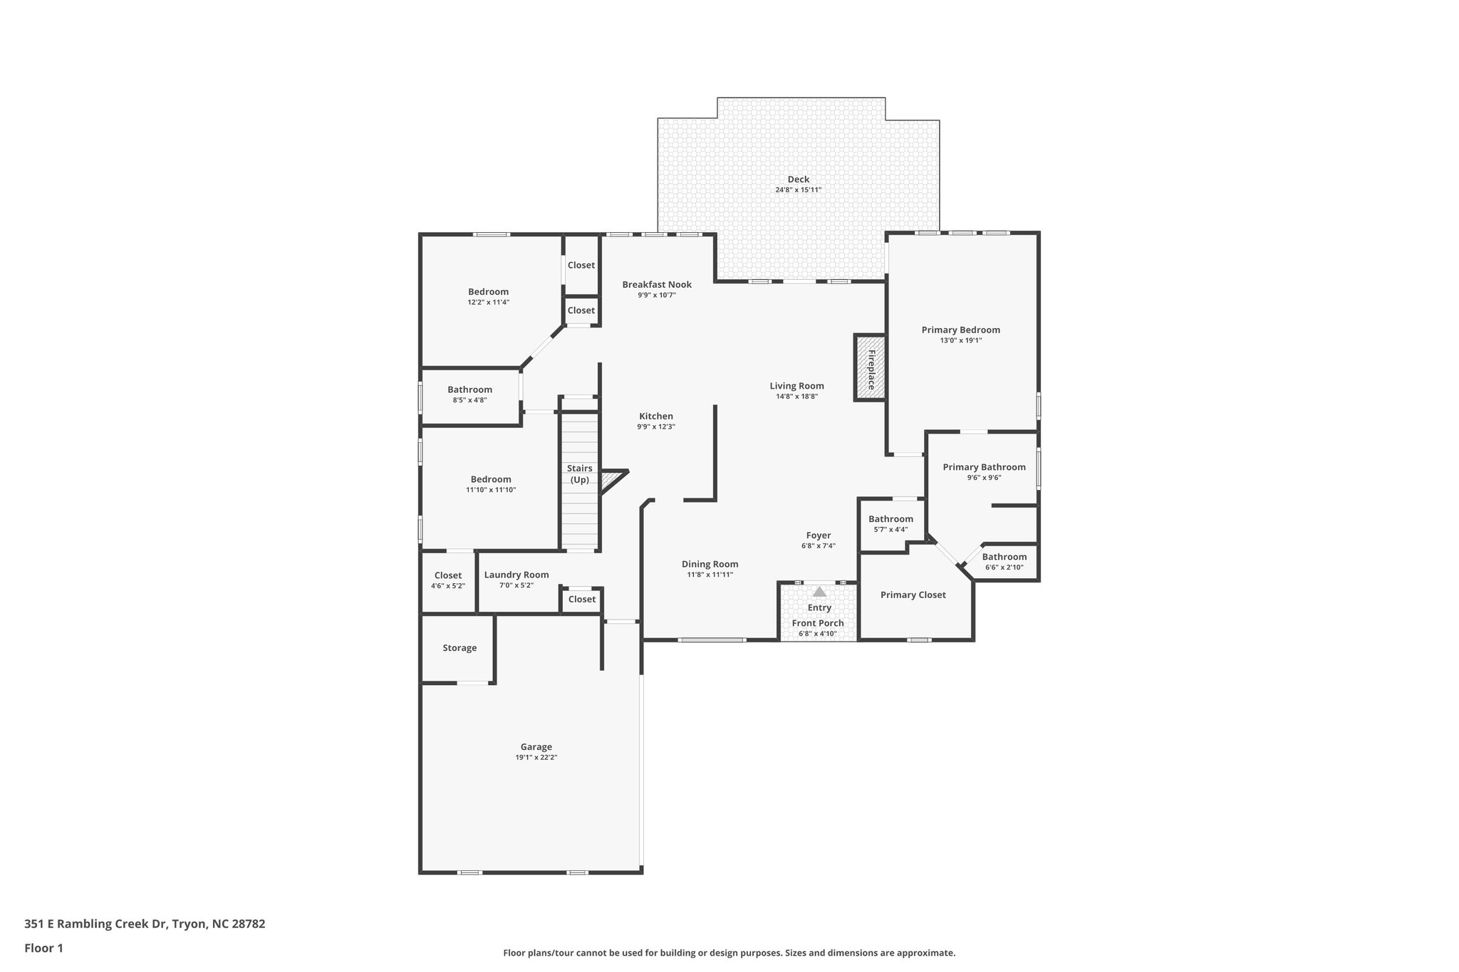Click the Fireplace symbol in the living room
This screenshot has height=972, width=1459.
pyautogui.click(x=870, y=369)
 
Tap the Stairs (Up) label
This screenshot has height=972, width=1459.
pyautogui.click(x=579, y=474)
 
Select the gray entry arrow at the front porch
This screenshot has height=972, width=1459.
pyautogui.click(x=819, y=592)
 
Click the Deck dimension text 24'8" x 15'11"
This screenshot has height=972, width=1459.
pyautogui.click(x=798, y=190)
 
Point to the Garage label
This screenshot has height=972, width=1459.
pyautogui.click(x=536, y=747)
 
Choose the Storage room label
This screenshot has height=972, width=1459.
pyautogui.click(x=459, y=648)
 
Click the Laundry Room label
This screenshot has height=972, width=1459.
pyautogui.click(x=516, y=575)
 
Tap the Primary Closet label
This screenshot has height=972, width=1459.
pyautogui.click(x=913, y=595)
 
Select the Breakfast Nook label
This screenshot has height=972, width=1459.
pyautogui.click(x=656, y=284)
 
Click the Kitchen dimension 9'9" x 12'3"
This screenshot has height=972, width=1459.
pyautogui.click(x=655, y=427)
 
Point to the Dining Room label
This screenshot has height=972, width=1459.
pyautogui.click(x=710, y=564)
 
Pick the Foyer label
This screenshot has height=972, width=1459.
pyautogui.click(x=818, y=535)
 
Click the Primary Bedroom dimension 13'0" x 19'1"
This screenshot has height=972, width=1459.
pyautogui.click(x=960, y=340)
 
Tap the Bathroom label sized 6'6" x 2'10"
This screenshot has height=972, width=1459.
pyautogui.click(x=1004, y=557)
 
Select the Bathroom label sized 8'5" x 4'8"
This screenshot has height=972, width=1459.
pyautogui.click(x=469, y=390)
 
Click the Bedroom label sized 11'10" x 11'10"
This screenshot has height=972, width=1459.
pyautogui.click(x=490, y=479)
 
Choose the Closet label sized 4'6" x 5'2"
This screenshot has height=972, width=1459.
pyautogui.click(x=447, y=575)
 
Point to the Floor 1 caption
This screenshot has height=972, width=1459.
pyautogui.click(x=43, y=948)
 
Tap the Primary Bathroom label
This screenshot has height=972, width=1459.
pyautogui.click(x=984, y=467)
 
